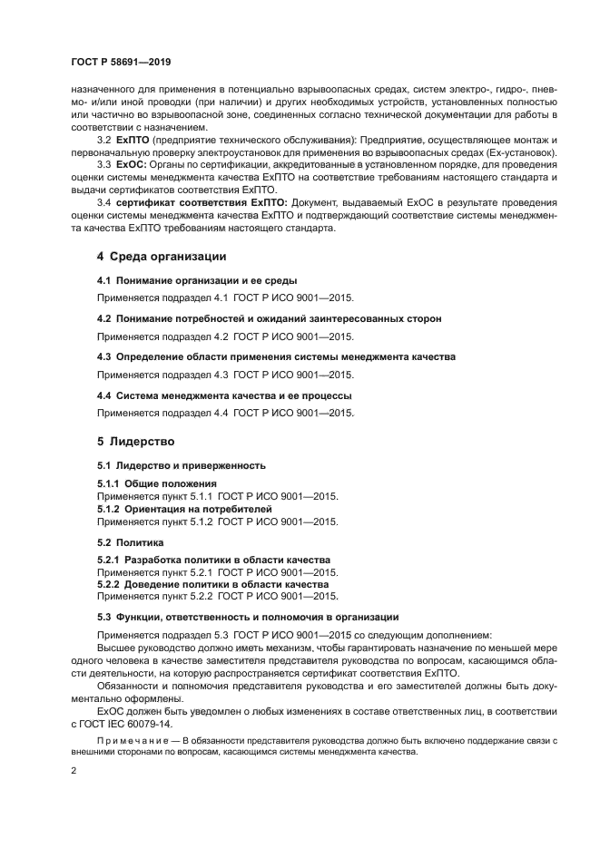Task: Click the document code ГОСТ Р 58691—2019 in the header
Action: pos(121,62)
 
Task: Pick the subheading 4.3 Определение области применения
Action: pos(276,357)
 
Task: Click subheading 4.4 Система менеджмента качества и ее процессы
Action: pos(224,395)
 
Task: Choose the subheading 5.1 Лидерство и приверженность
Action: pos(181,465)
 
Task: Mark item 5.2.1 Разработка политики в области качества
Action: pos(213,560)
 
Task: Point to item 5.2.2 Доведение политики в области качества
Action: pos(212,585)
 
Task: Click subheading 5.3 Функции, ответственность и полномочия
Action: pos(248,617)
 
